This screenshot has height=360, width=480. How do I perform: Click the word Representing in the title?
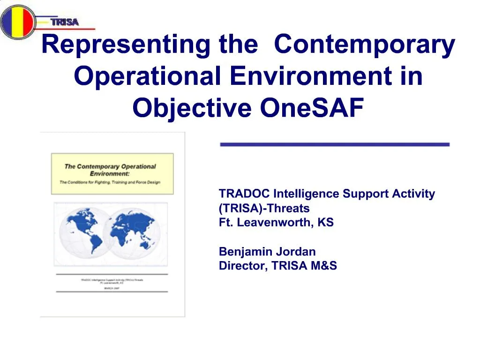[x=125, y=45]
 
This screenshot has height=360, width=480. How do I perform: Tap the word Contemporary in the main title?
[x=364, y=45]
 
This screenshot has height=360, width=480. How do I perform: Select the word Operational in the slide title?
[x=147, y=77]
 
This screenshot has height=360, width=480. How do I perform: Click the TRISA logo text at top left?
[x=65, y=22]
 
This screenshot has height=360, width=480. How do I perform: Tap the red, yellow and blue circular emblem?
[x=17, y=22]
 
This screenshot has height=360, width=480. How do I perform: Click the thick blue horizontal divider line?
[x=335, y=144]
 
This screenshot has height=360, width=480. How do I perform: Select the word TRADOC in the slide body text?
[x=244, y=194]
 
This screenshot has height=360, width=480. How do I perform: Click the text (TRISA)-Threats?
[x=264, y=208]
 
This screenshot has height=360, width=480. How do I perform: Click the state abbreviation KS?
[x=326, y=223]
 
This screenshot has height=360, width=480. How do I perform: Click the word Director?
[x=242, y=266]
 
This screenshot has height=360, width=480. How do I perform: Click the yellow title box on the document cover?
[x=112, y=173]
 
